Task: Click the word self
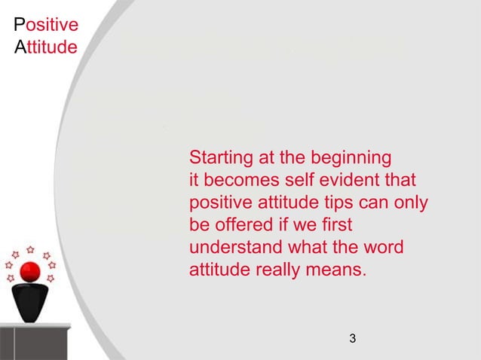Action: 298,182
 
